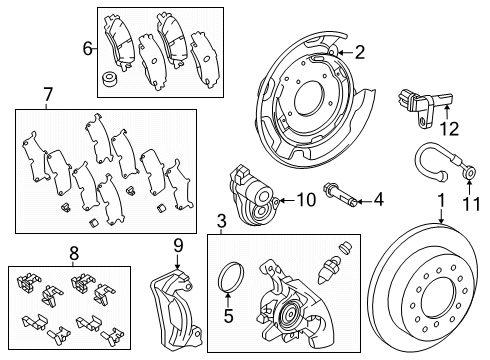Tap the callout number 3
point(222,220)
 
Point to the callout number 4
point(378,200)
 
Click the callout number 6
point(87,47)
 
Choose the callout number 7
point(46,95)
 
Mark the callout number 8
point(72,253)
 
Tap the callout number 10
point(305,200)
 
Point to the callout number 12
point(449,127)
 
